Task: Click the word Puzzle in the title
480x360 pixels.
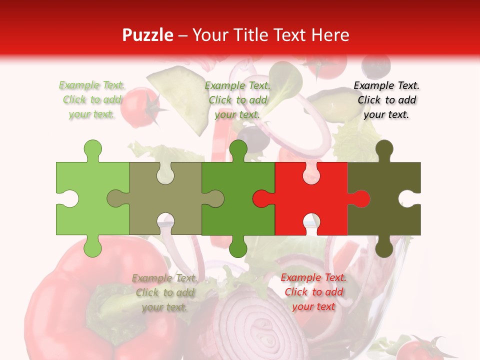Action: pyautogui.click(x=148, y=35)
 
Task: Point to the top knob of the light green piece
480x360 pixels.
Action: pyautogui.click(x=92, y=149)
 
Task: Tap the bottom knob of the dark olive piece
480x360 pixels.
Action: pyautogui.click(x=384, y=247)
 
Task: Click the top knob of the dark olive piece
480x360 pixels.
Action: pyautogui.click(x=384, y=149)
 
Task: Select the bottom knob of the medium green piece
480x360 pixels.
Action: pyautogui.click(x=238, y=247)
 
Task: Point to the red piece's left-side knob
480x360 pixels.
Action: pyautogui.click(x=261, y=198)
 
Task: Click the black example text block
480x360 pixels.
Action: pyautogui.click(x=386, y=100)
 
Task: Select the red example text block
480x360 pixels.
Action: pyautogui.click(x=313, y=292)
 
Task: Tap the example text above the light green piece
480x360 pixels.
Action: pyautogui.click(x=92, y=100)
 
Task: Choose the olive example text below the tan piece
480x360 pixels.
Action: pyautogui.click(x=164, y=292)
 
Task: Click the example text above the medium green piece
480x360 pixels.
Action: pyautogui.click(x=237, y=100)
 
